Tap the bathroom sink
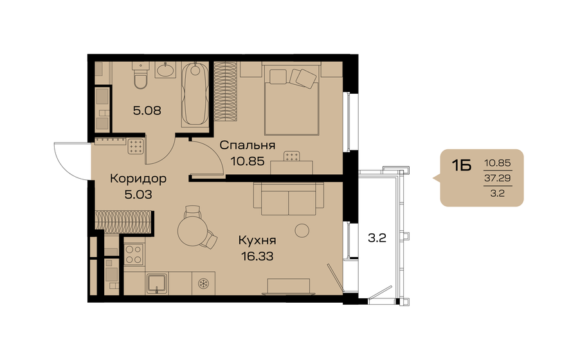coord(166,69)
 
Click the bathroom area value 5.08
coord(146,110)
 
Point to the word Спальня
coord(248,145)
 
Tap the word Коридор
coord(138,179)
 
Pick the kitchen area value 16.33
coord(257,255)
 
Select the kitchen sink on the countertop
coord(157,282)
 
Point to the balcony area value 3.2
coord(377,238)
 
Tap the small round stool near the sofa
coord(301,230)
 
